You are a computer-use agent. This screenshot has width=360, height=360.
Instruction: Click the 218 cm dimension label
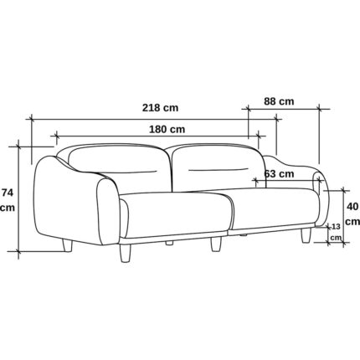click(160, 107)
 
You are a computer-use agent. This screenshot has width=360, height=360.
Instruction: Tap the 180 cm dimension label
click(167, 129)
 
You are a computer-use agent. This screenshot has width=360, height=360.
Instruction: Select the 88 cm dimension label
click(279, 101)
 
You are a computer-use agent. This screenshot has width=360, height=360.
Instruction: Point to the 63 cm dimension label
click(279, 174)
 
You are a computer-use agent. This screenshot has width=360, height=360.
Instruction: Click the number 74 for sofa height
click(8, 193)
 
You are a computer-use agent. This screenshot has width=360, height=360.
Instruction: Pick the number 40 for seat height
click(352, 207)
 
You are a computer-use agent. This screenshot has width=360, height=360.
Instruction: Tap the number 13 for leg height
click(336, 227)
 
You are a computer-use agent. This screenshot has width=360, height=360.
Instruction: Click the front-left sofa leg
click(125, 253)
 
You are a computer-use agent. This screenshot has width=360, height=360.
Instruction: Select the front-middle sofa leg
click(215, 244)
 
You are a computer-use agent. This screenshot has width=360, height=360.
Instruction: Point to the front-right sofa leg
click(306, 236)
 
